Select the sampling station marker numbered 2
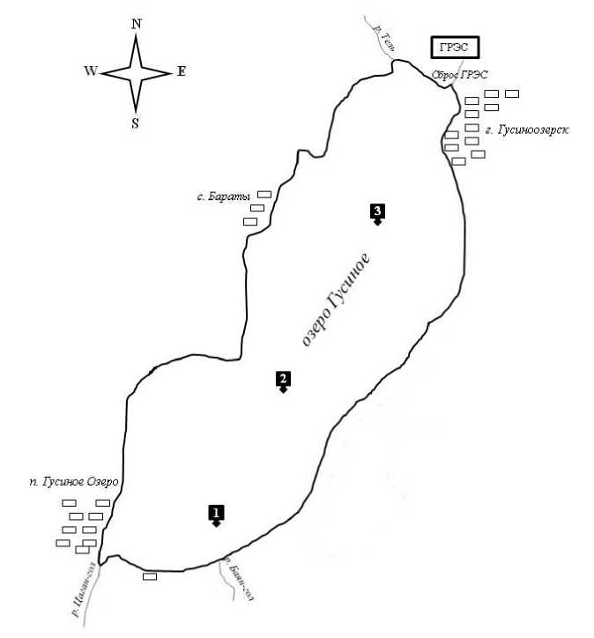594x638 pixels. (x=283, y=380)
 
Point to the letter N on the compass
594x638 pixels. (x=136, y=25)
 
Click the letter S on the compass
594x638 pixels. (x=135, y=123)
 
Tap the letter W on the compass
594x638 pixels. (x=91, y=72)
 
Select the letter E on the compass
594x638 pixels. (x=181, y=71)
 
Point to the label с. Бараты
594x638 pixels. (x=223, y=196)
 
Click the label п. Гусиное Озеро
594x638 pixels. (x=73, y=482)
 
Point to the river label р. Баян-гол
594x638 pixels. (x=239, y=582)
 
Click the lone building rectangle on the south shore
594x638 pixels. (x=150, y=576)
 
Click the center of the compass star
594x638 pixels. (x=136, y=72)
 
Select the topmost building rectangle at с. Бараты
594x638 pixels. (x=264, y=194)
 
